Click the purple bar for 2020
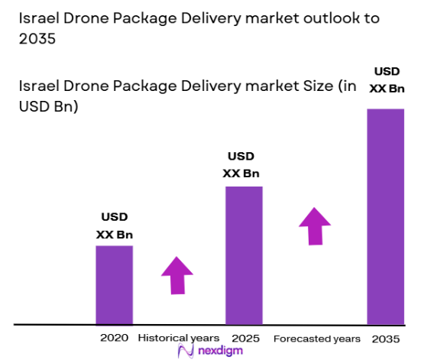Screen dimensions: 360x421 point(114,284)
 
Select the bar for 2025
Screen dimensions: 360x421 point(244,255)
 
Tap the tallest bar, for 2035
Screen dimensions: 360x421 point(386,216)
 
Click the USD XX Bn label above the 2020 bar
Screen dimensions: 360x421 point(114,225)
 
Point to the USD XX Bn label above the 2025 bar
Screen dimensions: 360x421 point(241,164)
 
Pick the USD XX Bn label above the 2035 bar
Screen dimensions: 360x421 point(385,80)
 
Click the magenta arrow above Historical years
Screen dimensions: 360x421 point(177,275)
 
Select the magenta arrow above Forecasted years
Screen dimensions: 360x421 point(314,225)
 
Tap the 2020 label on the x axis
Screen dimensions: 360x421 point(114,337)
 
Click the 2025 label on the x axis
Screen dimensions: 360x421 point(244,337)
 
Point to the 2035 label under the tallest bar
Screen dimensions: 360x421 point(385,337)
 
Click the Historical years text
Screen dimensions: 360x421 point(178,337)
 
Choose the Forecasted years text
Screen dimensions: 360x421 point(316,337)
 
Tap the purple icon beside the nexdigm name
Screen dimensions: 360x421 point(185,350)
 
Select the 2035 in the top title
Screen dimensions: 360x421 point(34,40)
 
